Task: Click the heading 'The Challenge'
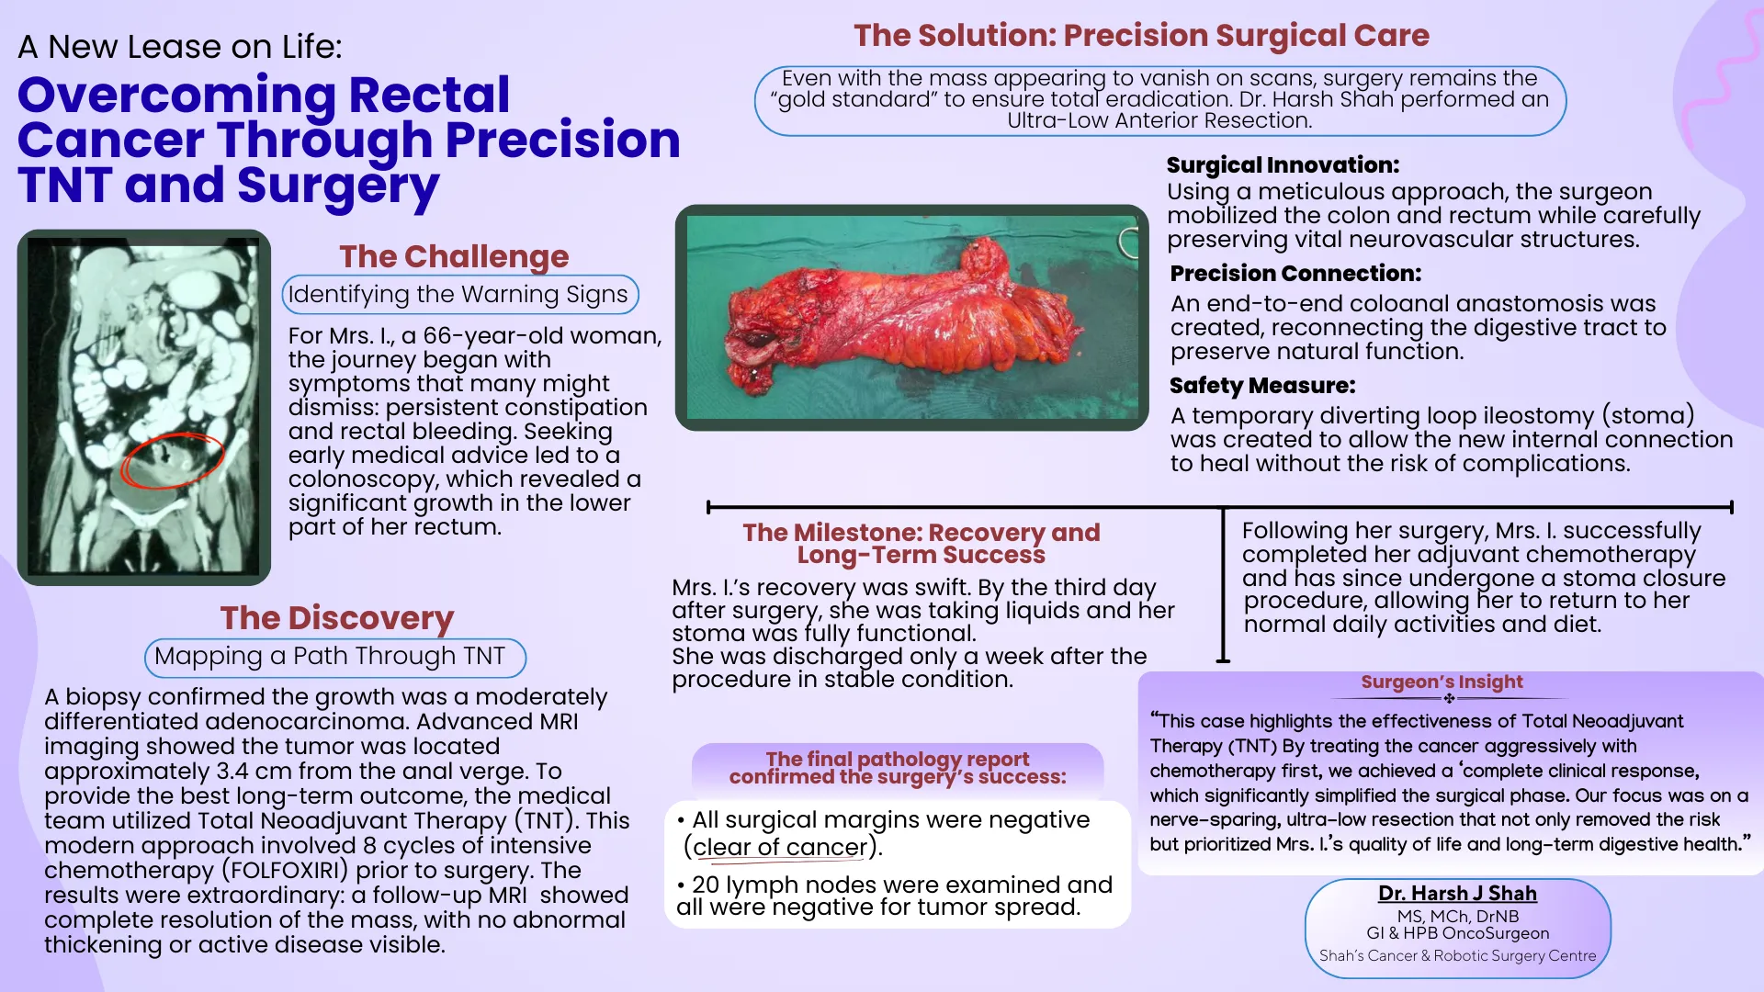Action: click(x=454, y=256)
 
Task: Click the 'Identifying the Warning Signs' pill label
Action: click(x=458, y=294)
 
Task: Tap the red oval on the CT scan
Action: click(x=172, y=459)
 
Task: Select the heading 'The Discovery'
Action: click(x=336, y=617)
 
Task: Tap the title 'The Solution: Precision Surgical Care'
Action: click(x=1141, y=35)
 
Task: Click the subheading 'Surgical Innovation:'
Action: click(x=1283, y=165)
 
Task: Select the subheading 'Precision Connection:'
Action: click(x=1295, y=274)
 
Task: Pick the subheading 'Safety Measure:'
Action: click(x=1261, y=386)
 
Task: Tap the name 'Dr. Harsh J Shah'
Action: click(x=1457, y=893)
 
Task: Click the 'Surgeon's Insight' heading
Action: click(x=1442, y=682)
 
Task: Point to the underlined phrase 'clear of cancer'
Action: click(x=780, y=847)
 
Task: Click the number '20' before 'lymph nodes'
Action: click(x=705, y=885)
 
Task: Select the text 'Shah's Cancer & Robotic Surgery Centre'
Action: click(x=1457, y=955)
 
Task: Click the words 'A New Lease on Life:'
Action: click(x=180, y=47)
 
